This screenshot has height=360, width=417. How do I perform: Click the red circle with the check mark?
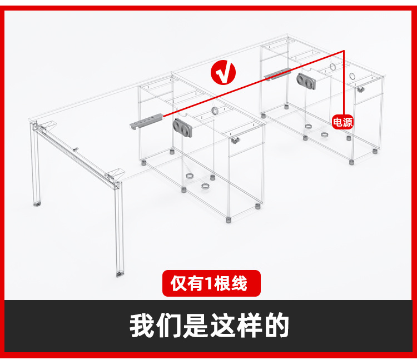click(223, 73)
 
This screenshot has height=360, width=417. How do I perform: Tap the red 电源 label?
click(342, 122)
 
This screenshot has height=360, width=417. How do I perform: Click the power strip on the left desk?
click(146, 121)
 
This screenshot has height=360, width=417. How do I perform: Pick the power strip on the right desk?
click(277, 74)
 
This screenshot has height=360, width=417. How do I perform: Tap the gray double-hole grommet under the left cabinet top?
click(183, 127)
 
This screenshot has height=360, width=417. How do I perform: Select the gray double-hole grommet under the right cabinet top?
click(306, 81)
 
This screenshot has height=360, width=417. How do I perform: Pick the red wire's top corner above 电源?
click(344, 51)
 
